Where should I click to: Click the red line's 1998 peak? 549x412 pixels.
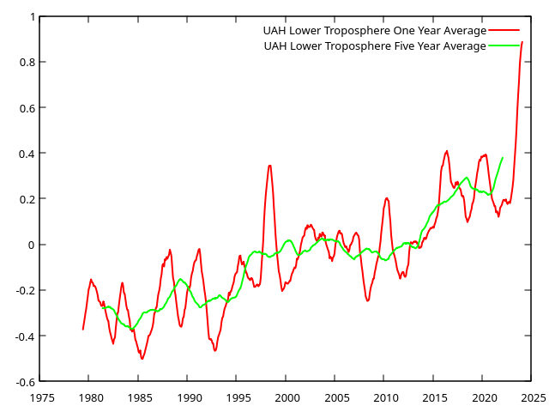(269, 166)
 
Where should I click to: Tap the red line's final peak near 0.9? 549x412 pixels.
(522, 42)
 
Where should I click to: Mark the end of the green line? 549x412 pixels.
(503, 158)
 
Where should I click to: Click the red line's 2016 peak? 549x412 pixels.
(447, 151)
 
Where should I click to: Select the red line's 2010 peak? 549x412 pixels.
(387, 198)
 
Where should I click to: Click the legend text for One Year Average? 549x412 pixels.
(374, 31)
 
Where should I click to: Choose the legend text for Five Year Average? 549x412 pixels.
(374, 46)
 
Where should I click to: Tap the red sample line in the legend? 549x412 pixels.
(504, 31)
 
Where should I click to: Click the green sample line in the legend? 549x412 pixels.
(504, 46)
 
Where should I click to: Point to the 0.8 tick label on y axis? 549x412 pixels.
(26, 63)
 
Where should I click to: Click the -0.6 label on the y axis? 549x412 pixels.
(24, 381)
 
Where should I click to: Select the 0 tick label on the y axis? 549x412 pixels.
(32, 245)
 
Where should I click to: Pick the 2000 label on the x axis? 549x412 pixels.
(287, 397)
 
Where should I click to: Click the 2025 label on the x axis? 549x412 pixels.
(533, 397)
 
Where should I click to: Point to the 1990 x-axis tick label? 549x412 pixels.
(190, 397)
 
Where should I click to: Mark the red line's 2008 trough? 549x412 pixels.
(367, 300)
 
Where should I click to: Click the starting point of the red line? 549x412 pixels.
(83, 329)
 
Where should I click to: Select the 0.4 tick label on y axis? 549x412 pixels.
(26, 154)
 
